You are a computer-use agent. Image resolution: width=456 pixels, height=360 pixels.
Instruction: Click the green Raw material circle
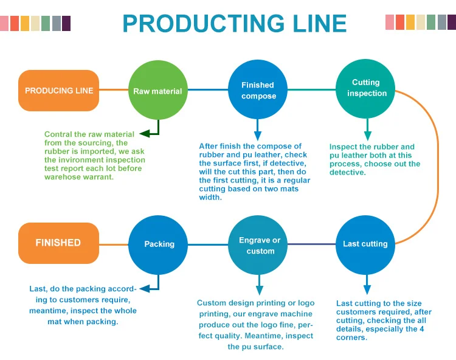[157, 91]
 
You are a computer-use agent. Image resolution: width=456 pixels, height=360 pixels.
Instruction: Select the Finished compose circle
[258, 91]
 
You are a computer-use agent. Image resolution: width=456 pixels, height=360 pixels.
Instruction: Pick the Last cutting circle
[365, 244]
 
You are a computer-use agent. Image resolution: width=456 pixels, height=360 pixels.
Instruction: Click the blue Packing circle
[159, 244]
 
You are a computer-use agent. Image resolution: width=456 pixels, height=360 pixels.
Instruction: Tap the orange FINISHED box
[58, 243]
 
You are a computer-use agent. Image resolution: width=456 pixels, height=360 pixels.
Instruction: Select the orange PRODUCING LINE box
[58, 91]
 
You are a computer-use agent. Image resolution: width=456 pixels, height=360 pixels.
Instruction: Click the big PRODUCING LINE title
[234, 23]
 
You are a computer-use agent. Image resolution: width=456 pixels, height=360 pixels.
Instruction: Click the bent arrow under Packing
[151, 286]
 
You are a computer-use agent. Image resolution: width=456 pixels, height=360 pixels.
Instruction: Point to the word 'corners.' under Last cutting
[351, 337]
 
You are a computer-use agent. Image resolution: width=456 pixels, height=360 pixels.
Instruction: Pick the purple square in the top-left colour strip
[66, 23]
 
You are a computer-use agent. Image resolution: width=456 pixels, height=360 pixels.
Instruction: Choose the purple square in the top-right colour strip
[452, 22]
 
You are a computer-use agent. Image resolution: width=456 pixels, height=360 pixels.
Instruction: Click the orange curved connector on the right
[437, 167]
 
